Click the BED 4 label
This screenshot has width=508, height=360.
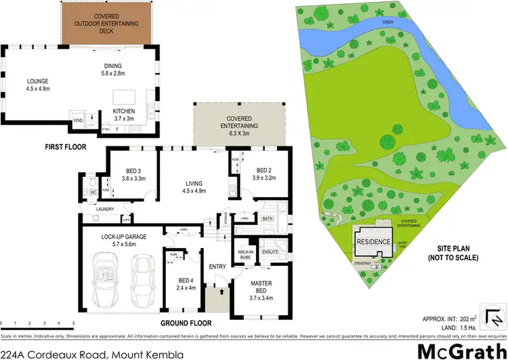(x=181, y=283)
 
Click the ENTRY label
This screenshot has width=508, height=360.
(x=217, y=266)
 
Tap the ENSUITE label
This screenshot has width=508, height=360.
(x=270, y=252)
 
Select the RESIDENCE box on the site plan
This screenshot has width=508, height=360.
(x=373, y=242)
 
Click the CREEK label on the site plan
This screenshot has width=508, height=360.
(x=388, y=22)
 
